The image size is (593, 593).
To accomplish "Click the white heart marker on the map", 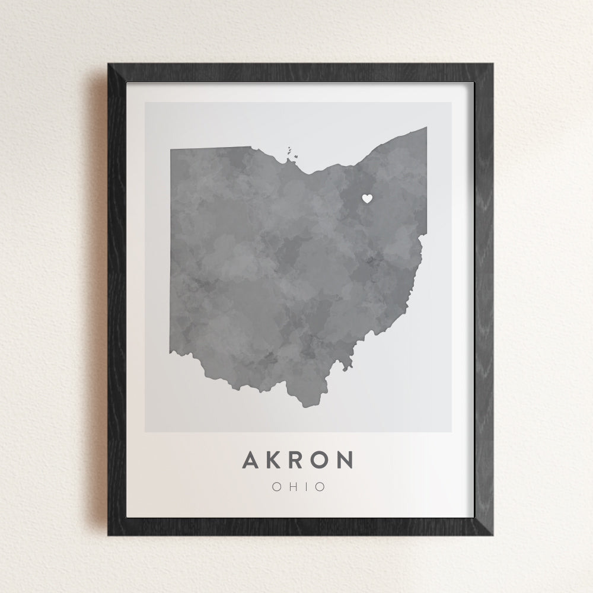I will pos(367,199).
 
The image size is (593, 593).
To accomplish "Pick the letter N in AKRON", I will pos(345,460).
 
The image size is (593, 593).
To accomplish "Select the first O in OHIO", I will pos(276,487).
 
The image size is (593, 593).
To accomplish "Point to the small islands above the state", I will pos(292,154).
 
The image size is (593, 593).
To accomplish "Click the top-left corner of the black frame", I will pos(109,65).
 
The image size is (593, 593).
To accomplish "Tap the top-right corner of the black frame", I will pos(492,65).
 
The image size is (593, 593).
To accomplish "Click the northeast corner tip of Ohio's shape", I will pos(426,127).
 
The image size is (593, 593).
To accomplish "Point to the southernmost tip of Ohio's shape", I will pos(306,407).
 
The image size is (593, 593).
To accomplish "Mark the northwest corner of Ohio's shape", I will pos(171,149).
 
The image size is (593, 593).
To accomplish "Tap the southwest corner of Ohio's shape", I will pos(172,353).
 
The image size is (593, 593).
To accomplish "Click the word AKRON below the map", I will pos(298,460).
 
